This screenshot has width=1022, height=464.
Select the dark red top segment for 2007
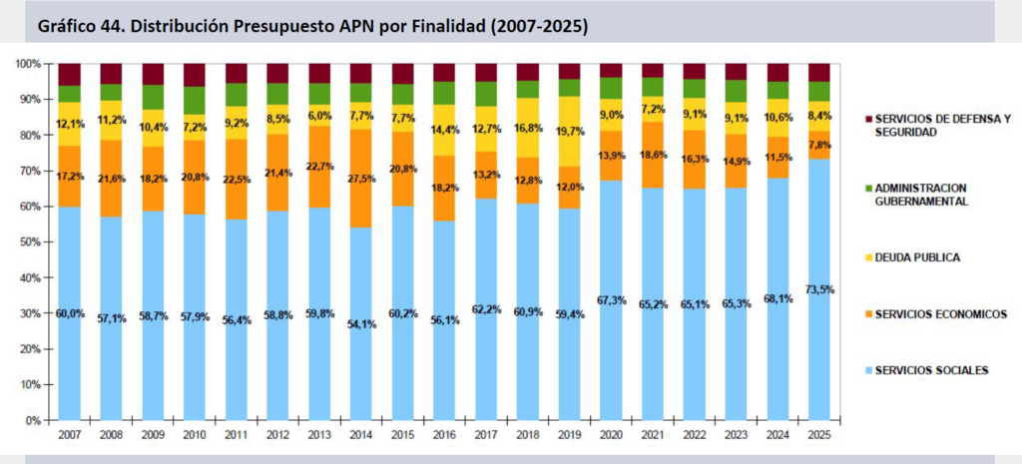point(69,74)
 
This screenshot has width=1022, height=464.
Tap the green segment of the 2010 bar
point(194,101)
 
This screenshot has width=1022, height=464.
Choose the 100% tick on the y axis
point(27,64)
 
